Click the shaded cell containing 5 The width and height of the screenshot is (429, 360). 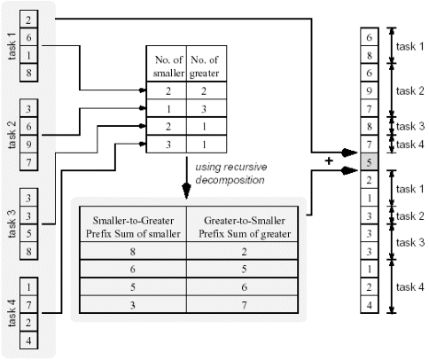[x=369, y=162]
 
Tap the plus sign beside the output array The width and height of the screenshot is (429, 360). [x=329, y=160]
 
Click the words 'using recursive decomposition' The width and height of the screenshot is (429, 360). [x=231, y=174]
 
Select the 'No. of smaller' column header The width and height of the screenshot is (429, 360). [x=168, y=67]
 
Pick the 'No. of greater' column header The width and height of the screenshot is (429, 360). [x=205, y=67]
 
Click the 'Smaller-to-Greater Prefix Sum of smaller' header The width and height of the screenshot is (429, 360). [x=133, y=227]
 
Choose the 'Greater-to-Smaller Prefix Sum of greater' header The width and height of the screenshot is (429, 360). [x=245, y=227]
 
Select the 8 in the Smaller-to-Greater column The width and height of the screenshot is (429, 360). [x=133, y=252]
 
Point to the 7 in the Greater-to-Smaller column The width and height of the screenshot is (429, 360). [x=244, y=305]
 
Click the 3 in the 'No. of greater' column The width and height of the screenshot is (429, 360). [x=204, y=109]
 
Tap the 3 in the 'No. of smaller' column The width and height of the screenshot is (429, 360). [x=168, y=145]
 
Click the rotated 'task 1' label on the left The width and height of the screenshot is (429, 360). [x=12, y=46]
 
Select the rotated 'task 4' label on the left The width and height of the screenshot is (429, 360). [x=12, y=313]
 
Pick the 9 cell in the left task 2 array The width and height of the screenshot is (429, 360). [x=28, y=145]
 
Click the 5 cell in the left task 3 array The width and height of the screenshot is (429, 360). [x=28, y=233]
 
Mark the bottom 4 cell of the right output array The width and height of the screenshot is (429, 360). [x=369, y=305]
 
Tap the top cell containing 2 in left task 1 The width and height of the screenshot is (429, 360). [x=28, y=20]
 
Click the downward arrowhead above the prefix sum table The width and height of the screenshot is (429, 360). [x=186, y=191]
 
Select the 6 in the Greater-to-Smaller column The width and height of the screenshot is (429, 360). [x=244, y=287]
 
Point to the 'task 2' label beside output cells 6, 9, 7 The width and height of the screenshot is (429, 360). [x=409, y=90]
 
